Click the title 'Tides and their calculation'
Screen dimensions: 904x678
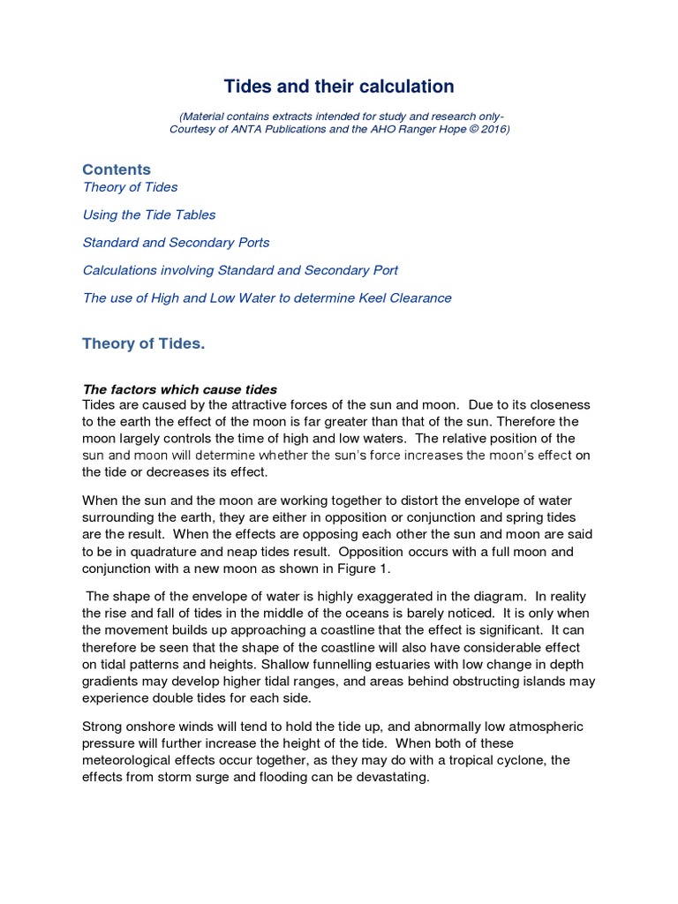(x=339, y=87)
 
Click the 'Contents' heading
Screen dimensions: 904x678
(x=117, y=169)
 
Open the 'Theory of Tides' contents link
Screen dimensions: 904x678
(x=130, y=187)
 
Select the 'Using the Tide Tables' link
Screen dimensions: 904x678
(x=148, y=215)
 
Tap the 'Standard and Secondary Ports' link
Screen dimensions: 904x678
(x=176, y=243)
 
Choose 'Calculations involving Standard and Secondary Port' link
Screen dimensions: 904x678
(x=240, y=270)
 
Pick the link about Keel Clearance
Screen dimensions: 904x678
(x=267, y=298)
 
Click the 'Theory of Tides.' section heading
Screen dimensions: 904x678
(x=143, y=343)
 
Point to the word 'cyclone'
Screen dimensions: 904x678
(x=545, y=760)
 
